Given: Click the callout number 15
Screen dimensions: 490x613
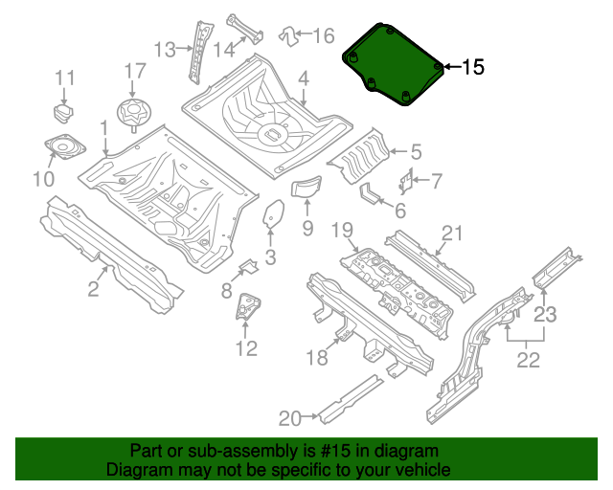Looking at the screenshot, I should click(x=473, y=67).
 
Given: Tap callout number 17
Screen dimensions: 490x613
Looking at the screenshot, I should click(x=135, y=71).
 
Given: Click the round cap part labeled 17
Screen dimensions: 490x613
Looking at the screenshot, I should click(x=132, y=111).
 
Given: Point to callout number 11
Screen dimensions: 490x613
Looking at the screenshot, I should click(x=64, y=78).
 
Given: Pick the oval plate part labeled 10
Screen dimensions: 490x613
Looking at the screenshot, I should click(x=62, y=148).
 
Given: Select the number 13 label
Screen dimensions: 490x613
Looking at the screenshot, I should click(x=166, y=48).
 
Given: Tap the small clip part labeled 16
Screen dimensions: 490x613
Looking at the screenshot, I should click(x=287, y=36).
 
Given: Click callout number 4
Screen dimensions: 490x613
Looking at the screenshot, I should click(x=303, y=78).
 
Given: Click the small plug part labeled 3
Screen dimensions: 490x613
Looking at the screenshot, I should click(x=273, y=212).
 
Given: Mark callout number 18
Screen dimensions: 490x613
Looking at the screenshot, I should click(x=317, y=358).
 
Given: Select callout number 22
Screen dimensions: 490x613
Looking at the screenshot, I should click(x=529, y=360).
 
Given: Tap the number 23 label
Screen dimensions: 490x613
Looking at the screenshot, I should click(x=545, y=313).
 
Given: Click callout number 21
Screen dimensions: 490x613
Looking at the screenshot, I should click(x=452, y=233).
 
